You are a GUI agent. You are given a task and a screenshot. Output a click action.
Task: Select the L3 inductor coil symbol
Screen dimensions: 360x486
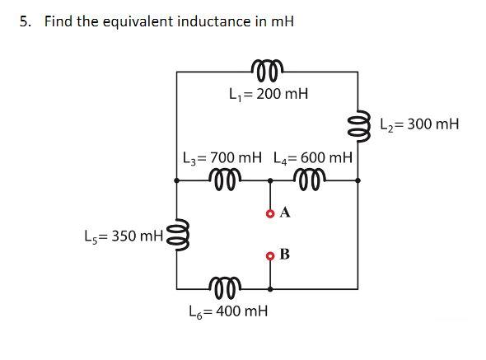pyautogui.click(x=223, y=177)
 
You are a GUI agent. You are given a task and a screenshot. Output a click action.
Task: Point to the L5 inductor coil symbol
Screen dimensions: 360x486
pyautogui.click(x=175, y=236)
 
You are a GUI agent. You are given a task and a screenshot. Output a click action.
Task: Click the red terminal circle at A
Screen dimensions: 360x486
pyautogui.click(x=270, y=213)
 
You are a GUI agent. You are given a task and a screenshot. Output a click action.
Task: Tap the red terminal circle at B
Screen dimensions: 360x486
pyautogui.click(x=270, y=255)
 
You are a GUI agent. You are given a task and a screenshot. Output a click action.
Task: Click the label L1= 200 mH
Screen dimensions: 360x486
pyautogui.click(x=269, y=94)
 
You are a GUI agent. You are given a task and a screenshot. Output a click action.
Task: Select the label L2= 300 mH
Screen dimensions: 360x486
pyautogui.click(x=421, y=124)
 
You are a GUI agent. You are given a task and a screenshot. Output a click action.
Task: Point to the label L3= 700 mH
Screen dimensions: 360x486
pyautogui.click(x=222, y=157)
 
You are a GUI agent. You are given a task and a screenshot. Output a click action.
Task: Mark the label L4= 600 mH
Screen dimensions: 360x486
pyautogui.click(x=313, y=157)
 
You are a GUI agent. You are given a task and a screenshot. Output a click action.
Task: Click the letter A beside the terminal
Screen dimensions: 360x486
pyautogui.click(x=285, y=213)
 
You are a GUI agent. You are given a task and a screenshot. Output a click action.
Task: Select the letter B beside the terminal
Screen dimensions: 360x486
pyautogui.click(x=285, y=254)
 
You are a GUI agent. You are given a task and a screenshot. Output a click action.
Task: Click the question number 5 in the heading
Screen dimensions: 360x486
pyautogui.click(x=26, y=21)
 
